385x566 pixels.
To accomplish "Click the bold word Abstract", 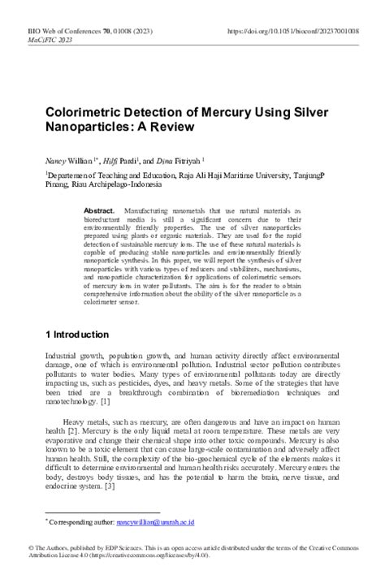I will (x=103, y=210).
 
